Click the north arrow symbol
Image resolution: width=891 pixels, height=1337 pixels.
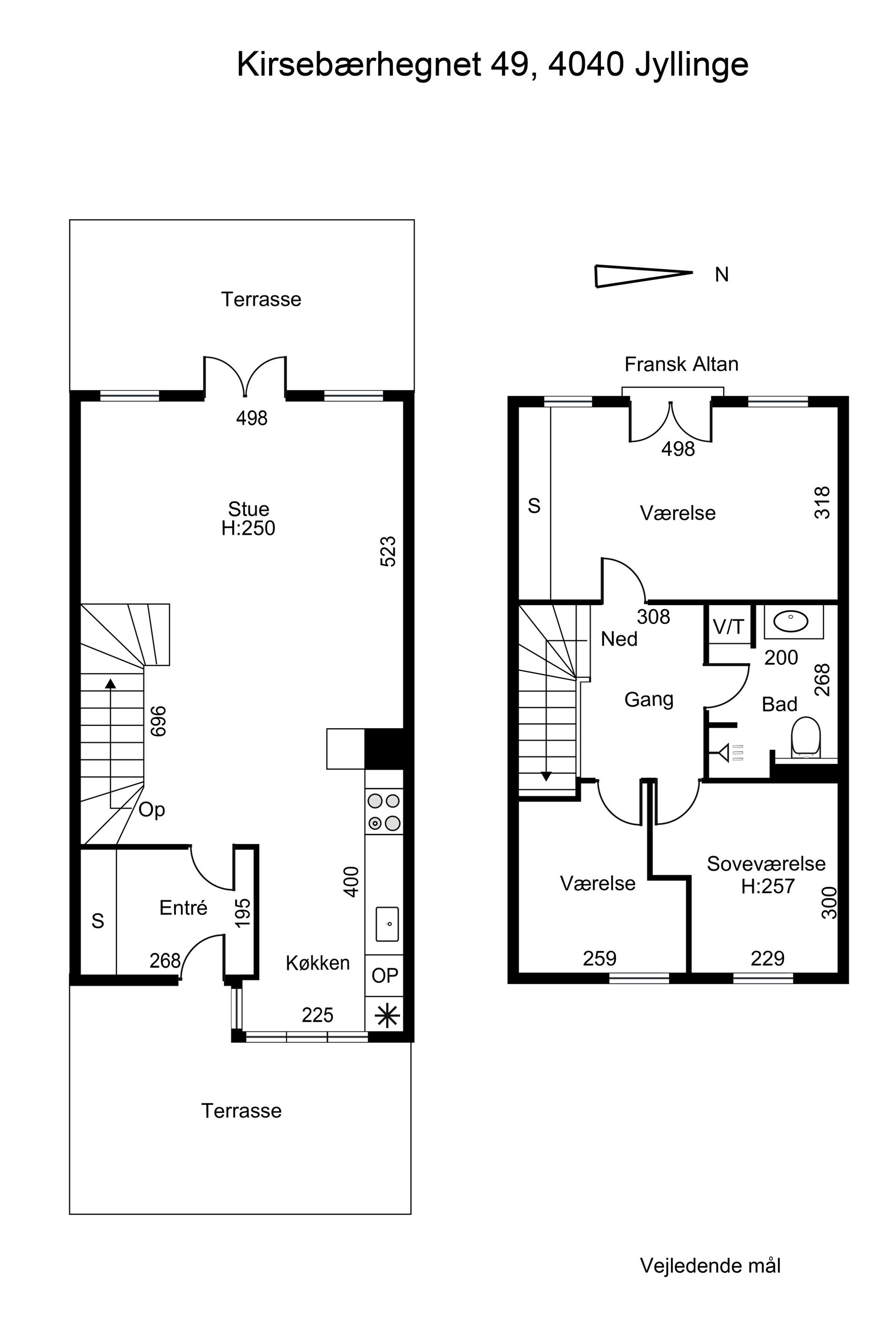tap(644, 276)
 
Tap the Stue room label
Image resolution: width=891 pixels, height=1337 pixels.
tap(248, 508)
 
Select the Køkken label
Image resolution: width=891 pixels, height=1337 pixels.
tap(318, 962)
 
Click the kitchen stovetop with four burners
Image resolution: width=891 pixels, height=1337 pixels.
tap(384, 812)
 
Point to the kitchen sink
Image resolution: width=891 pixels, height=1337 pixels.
tap(387, 924)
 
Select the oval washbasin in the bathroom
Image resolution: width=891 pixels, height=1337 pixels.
tap(791, 621)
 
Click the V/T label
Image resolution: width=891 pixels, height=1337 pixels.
tap(728, 627)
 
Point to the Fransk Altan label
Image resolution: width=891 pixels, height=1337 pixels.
tap(681, 364)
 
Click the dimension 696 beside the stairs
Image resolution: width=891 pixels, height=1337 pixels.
tap(158, 722)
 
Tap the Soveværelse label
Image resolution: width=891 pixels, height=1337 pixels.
tap(766, 863)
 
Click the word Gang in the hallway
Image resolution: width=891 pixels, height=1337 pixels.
tap(649, 699)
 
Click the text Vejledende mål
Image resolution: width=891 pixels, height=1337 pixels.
tap(710, 1266)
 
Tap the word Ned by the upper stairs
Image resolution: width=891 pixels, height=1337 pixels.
tap(619, 639)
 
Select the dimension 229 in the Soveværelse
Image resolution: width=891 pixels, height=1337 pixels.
tap(767, 958)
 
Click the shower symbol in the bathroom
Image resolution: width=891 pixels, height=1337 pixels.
tap(731, 754)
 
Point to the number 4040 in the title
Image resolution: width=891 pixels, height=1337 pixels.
tap(586, 65)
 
